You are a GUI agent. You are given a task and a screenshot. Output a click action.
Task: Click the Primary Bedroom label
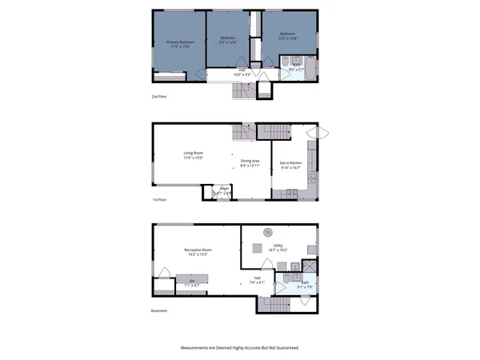181,42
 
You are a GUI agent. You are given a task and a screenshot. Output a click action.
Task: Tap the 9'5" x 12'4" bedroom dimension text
229,42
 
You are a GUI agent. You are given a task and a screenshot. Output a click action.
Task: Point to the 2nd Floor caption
158,96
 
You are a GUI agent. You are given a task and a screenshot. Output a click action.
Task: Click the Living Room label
193,153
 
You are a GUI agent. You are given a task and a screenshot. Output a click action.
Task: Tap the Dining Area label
250,161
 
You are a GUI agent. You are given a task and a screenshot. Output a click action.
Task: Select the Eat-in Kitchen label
290,164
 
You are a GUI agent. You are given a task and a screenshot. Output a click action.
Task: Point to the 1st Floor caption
158,200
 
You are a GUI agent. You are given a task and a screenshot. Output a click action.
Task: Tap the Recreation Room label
198,250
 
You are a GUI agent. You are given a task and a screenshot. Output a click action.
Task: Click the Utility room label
278,246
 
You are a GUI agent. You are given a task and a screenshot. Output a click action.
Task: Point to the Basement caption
159,311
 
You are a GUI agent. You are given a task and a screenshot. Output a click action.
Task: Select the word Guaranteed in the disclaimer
283,348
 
